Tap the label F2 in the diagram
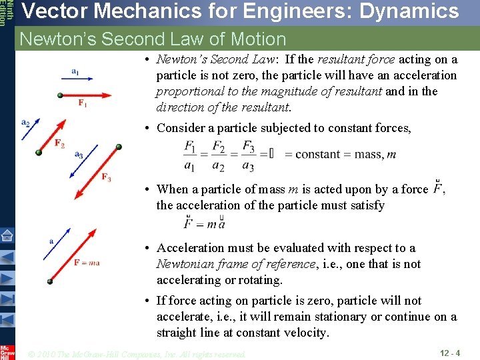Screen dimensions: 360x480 (x=59, y=143)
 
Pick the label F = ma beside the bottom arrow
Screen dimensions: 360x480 (x=87, y=262)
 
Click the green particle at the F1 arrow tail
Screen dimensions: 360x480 (x=61, y=96)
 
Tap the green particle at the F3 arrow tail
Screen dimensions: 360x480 (x=119, y=147)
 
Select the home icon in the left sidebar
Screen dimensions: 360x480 (x=7, y=236)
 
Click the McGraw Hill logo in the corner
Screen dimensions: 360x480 (x=7, y=352)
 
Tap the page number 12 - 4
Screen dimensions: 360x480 (x=451, y=353)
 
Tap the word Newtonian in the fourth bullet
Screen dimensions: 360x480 (x=187, y=264)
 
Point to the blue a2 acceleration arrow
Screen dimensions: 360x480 (x=31, y=130)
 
